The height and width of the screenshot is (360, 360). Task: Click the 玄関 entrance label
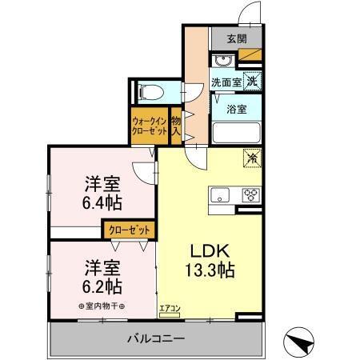pyautogui.click(x=236, y=38)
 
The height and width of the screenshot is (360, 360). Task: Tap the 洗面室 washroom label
pyautogui.click(x=226, y=82)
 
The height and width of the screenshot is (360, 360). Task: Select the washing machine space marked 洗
pyautogui.click(x=252, y=80)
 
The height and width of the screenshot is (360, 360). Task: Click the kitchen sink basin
pyautogui.click(x=220, y=194)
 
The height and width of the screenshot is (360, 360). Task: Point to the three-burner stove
pyautogui.click(x=250, y=194)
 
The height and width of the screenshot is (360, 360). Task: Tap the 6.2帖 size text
pyautogui.click(x=102, y=284)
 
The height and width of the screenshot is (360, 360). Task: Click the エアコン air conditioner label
pyautogui.click(x=170, y=306)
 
